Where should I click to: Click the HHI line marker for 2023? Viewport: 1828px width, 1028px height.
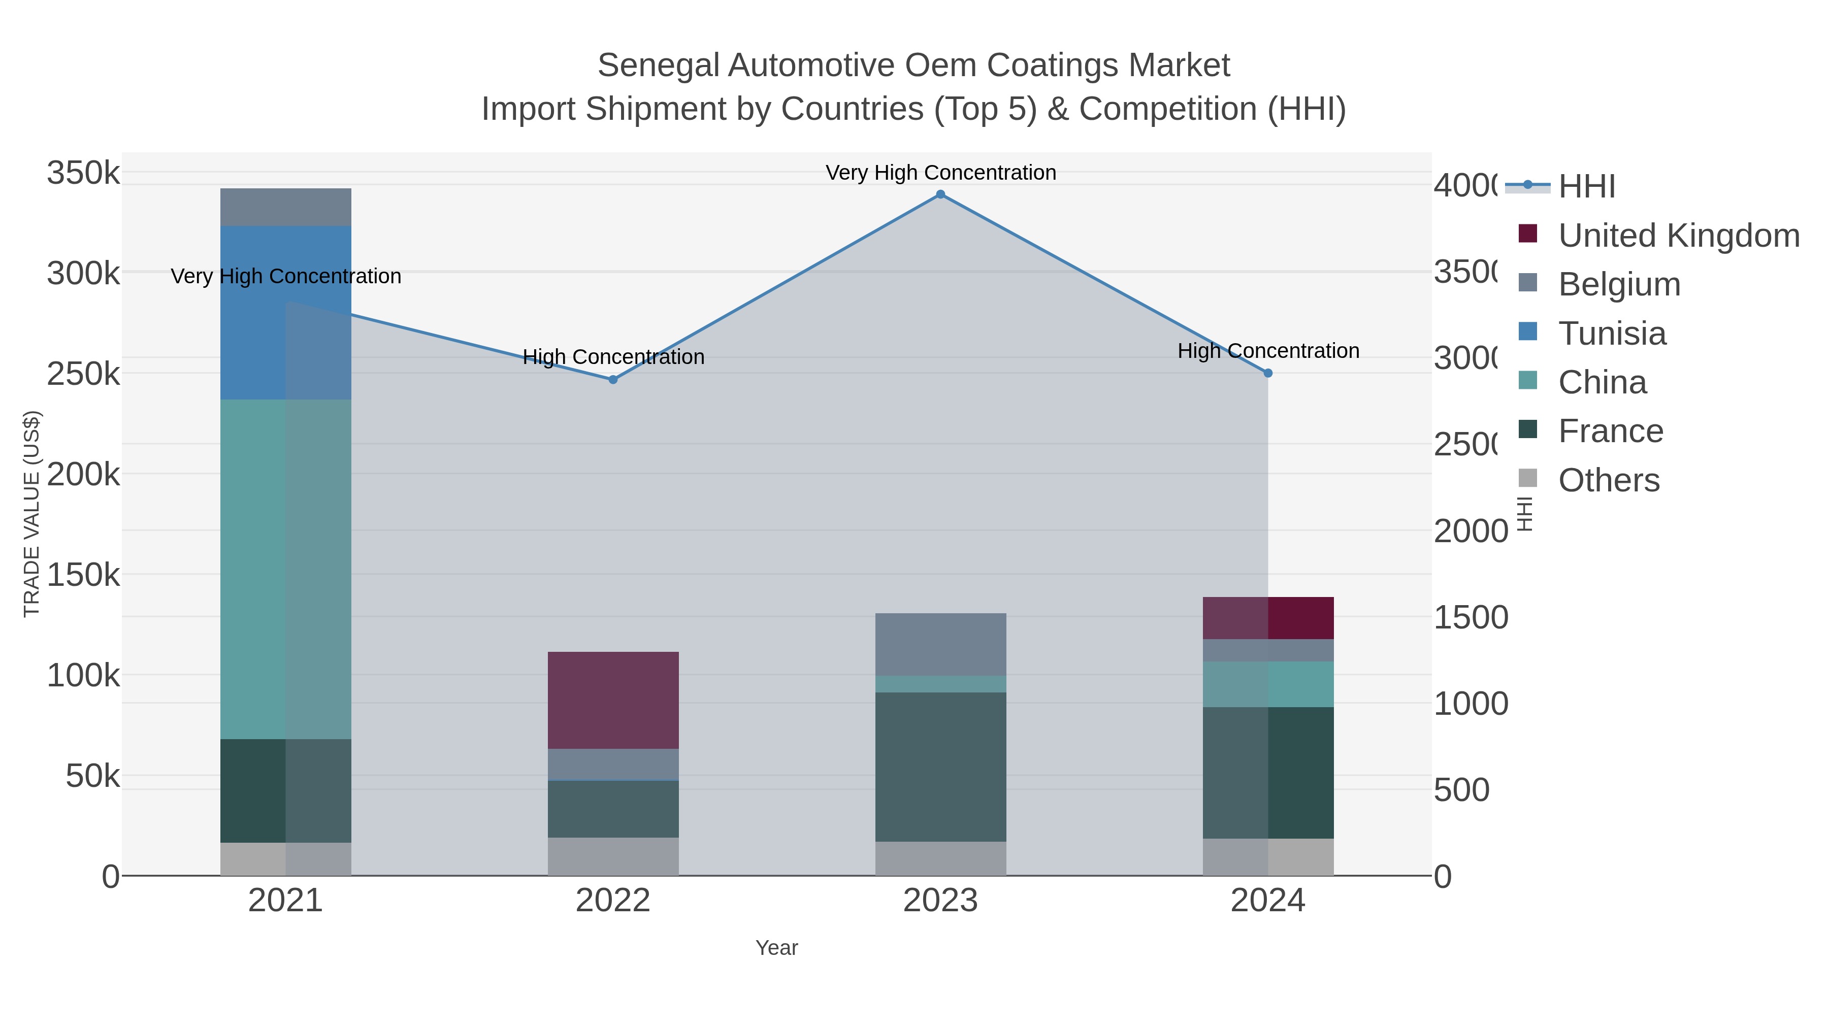[x=940, y=194]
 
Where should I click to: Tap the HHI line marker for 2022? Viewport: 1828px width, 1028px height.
[x=613, y=380]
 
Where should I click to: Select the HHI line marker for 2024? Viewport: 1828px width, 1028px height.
[x=1268, y=373]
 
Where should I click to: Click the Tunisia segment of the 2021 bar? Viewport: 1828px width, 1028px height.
[x=285, y=312]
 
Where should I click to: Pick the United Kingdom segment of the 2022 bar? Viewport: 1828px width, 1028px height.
[x=613, y=700]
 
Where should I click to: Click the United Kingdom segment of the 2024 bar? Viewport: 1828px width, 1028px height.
[x=1268, y=618]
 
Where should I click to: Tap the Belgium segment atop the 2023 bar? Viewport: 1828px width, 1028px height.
[x=940, y=644]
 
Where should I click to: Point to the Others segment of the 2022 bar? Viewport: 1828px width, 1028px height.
[x=613, y=856]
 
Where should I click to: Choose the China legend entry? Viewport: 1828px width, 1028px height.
[x=1602, y=382]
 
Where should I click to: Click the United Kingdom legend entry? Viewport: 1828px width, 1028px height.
[x=1678, y=236]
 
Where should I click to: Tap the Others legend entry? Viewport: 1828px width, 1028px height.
[x=1608, y=480]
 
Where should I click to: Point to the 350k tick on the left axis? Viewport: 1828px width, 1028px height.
[x=83, y=173]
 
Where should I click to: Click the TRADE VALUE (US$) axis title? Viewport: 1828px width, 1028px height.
[x=32, y=514]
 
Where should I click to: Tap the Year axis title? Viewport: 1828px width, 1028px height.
[x=776, y=948]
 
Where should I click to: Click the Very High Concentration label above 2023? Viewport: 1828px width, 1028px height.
[x=940, y=173]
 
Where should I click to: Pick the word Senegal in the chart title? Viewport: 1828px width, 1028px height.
[x=657, y=65]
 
